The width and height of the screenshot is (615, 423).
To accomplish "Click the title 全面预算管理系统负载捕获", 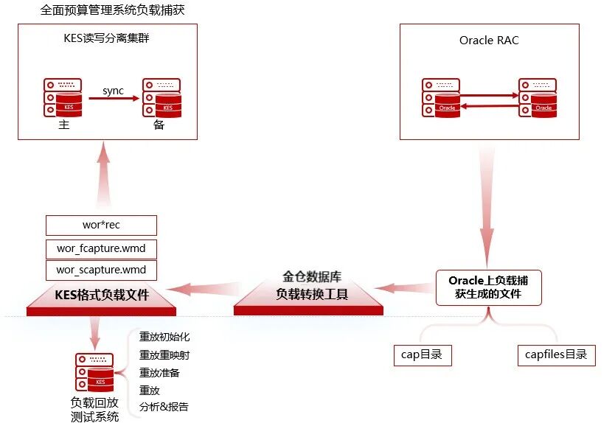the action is click(112, 10).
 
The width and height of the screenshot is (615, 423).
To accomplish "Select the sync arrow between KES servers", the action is click(114, 98).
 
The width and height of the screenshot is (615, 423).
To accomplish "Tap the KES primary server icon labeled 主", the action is click(63, 97).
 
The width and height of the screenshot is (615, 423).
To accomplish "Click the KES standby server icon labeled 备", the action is click(161, 97).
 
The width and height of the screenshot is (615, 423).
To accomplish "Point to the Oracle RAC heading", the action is click(489, 40).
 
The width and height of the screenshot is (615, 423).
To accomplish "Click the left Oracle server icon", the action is click(441, 97).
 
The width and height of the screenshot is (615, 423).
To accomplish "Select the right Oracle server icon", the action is click(538, 97).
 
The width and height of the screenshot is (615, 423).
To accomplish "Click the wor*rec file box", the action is click(101, 225).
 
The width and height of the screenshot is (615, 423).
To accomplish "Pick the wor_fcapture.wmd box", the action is click(101, 248).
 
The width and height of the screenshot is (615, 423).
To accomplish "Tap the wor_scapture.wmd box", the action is click(101, 270).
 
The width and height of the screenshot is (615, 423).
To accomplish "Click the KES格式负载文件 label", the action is click(102, 295).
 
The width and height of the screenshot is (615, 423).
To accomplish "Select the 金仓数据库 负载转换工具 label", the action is click(312, 285).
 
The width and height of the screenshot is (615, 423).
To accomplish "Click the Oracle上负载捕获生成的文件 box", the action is click(489, 287).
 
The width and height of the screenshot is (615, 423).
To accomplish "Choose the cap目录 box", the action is click(423, 355).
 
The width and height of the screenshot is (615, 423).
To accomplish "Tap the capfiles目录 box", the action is click(557, 355).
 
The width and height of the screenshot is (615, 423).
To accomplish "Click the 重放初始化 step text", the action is click(164, 337).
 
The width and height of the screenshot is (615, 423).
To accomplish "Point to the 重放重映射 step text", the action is click(164, 354).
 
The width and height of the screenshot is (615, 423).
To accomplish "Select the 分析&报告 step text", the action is click(164, 407).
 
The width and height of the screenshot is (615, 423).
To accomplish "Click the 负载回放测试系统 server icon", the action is click(94, 372).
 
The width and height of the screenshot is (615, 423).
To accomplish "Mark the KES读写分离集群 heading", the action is click(106, 38).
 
